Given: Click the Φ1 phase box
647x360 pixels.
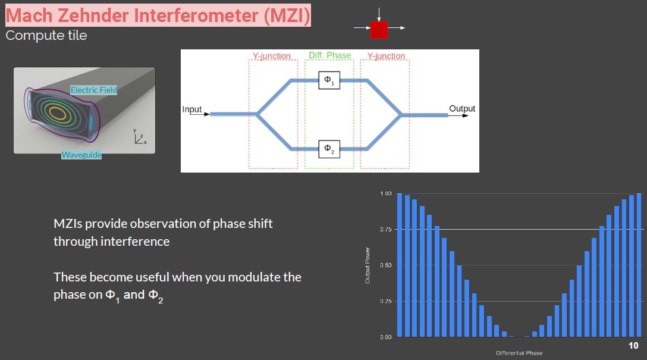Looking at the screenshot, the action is (x=329, y=80).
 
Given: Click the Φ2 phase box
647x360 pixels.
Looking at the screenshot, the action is (x=329, y=149).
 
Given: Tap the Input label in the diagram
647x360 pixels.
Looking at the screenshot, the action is (x=192, y=109).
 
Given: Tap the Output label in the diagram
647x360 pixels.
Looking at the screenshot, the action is (x=462, y=108).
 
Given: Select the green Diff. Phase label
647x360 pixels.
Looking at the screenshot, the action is (x=329, y=55).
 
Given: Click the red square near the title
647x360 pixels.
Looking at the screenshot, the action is (x=379, y=30).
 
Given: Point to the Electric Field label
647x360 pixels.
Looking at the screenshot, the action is (x=94, y=90).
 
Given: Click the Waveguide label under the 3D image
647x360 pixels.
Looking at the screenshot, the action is (x=81, y=155).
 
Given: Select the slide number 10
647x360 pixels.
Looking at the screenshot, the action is (x=633, y=346).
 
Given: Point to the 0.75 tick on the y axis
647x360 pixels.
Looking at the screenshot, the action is (x=386, y=230).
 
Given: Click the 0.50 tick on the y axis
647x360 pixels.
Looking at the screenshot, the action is (x=386, y=265).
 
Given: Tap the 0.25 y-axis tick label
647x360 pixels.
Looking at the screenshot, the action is (x=386, y=301).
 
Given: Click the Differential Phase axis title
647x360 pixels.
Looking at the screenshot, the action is (x=519, y=353).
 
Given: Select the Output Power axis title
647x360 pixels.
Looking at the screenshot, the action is (x=368, y=265).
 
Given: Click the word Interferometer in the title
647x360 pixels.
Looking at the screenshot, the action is (x=196, y=15).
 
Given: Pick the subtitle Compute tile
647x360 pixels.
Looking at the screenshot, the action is (x=46, y=36).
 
